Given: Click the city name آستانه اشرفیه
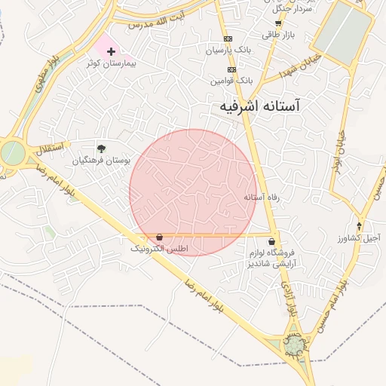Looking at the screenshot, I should point(259,107).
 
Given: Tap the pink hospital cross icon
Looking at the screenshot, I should point(112,52).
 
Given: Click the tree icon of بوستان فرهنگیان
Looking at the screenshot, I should point(102,149).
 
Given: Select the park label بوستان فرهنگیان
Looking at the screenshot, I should point(102,161).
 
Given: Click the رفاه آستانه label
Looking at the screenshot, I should point(261,197).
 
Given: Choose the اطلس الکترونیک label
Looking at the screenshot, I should point(160,248).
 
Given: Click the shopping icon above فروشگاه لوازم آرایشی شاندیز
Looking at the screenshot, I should point(271,241).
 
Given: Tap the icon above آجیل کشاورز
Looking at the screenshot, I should point(360,225).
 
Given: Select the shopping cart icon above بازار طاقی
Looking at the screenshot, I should point(278,23).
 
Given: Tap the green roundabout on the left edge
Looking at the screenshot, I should point(12,152).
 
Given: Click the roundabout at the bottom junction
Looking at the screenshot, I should point(293,345).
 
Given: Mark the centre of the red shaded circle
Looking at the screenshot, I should point(192,192).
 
